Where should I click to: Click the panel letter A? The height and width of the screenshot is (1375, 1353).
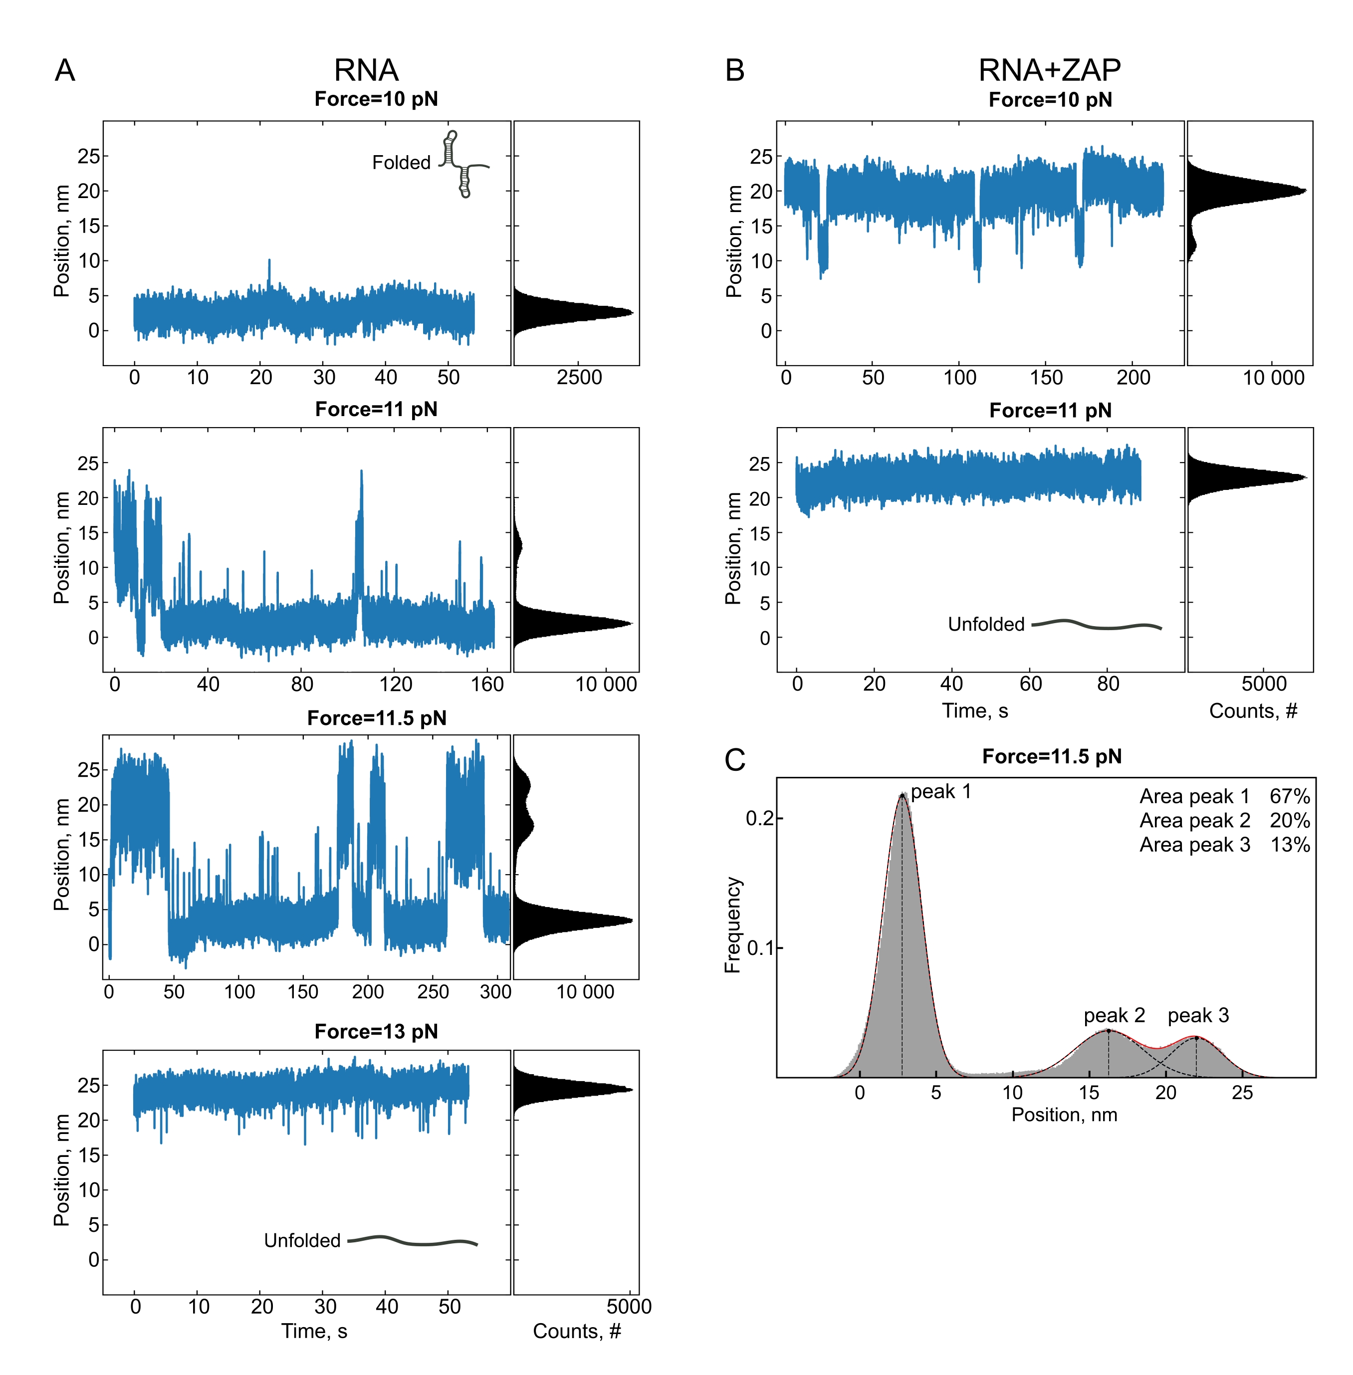click(x=65, y=70)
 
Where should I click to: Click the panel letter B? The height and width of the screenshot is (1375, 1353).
click(x=735, y=70)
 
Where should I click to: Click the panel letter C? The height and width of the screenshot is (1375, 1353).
click(x=735, y=760)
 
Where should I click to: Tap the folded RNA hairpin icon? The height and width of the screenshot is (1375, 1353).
click(x=462, y=164)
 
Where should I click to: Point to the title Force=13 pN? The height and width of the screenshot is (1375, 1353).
click(x=376, y=1031)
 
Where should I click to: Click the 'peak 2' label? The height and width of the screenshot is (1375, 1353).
click(x=1114, y=1015)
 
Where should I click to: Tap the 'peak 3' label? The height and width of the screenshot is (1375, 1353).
click(x=1198, y=1015)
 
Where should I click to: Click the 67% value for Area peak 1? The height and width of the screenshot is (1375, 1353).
click(x=1290, y=797)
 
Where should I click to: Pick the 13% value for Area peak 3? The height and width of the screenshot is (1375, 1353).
click(x=1290, y=845)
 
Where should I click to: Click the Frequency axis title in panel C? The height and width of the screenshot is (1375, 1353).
click(x=733, y=924)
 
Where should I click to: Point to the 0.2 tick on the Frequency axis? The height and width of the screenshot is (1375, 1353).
click(x=759, y=819)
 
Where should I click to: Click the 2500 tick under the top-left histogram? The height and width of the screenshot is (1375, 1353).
click(x=579, y=377)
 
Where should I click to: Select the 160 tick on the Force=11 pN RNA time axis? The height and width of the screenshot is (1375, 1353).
click(x=487, y=685)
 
